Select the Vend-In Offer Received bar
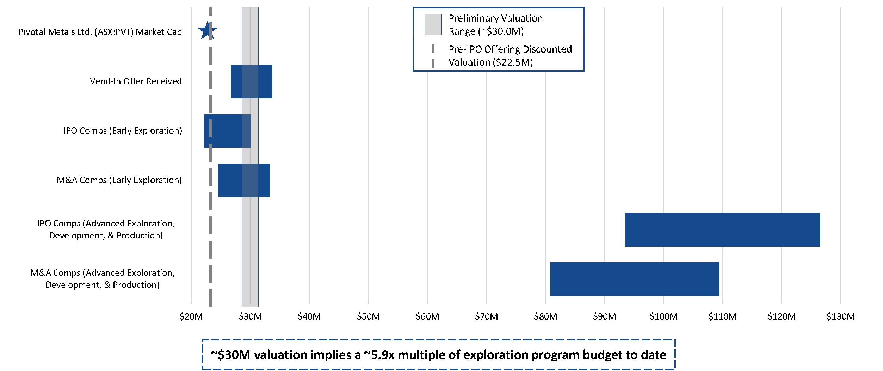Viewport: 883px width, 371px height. pos(251,81)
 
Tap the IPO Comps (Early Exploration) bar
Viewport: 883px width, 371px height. pos(228,131)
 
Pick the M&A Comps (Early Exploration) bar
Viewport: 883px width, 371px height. pos(244,180)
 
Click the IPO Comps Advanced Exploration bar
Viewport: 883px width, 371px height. pos(723,230)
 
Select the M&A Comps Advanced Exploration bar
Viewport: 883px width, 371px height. pos(635,279)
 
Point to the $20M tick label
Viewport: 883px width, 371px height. pos(191,316)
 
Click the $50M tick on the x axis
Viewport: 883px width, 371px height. pos(368,316)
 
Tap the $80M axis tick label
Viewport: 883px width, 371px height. pos(545,316)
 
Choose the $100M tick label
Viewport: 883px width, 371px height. pos(663,316)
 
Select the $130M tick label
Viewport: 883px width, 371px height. pos(841,316)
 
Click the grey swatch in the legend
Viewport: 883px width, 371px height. pos(433,24)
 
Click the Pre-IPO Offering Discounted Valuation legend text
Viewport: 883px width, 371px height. pos(510,56)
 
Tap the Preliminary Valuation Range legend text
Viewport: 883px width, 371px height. pos(495,25)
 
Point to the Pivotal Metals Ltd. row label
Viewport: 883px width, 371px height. pos(100,32)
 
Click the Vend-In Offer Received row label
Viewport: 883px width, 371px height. pos(136,81)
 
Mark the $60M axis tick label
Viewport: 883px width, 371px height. pos(427,316)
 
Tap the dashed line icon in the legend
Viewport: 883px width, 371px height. pos(433,56)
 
